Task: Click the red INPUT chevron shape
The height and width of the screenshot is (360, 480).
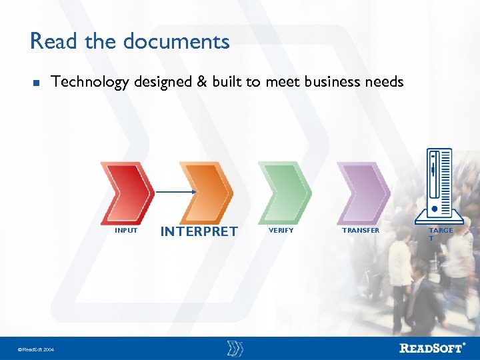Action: (x=127, y=192)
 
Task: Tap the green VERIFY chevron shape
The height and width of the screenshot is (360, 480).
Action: (x=285, y=192)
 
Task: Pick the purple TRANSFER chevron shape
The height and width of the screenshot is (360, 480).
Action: (x=363, y=192)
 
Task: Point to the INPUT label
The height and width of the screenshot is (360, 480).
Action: (x=126, y=231)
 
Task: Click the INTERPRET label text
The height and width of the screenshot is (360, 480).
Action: (x=199, y=231)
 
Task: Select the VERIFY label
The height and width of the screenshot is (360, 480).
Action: (x=280, y=231)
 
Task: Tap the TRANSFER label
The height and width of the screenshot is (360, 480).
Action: (x=360, y=231)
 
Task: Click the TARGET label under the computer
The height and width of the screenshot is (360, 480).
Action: (x=440, y=234)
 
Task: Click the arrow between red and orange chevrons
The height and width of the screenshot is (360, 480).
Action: (x=175, y=192)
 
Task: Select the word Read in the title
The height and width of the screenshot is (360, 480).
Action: (x=54, y=41)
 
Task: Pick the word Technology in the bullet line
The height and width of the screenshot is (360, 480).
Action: (x=90, y=82)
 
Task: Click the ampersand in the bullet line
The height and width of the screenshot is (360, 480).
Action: (x=202, y=82)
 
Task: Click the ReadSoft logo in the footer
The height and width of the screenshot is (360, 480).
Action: (x=433, y=347)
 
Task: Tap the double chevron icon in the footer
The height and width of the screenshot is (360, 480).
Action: (x=235, y=347)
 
